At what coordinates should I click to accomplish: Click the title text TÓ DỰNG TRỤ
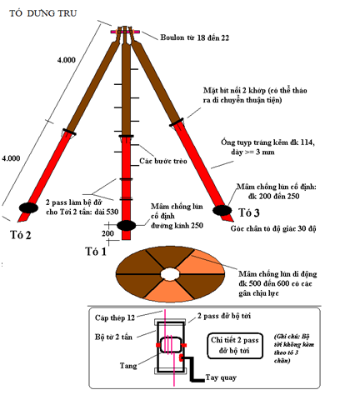click(42, 13)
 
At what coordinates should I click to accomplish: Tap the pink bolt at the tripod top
click(125, 32)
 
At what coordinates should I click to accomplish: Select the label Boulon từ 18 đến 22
click(195, 37)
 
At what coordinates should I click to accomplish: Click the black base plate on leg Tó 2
click(28, 207)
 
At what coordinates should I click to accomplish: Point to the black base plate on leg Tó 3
click(222, 210)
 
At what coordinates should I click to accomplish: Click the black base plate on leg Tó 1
click(126, 225)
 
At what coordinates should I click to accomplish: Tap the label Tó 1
click(96, 252)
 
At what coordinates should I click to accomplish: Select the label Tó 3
click(249, 212)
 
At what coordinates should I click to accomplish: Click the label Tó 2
click(21, 235)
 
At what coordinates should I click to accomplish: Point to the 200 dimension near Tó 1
click(107, 233)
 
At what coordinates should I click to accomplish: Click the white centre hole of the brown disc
click(170, 274)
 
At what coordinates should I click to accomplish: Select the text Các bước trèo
click(163, 161)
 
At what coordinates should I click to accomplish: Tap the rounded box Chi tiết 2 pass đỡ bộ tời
click(235, 346)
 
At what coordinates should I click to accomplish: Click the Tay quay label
click(221, 377)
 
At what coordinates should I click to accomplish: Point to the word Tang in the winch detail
click(128, 366)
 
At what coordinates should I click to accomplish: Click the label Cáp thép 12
click(115, 317)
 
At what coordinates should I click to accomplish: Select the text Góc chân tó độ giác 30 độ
click(273, 228)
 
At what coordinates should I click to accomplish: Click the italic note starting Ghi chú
click(294, 348)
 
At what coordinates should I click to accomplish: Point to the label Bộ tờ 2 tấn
click(113, 337)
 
